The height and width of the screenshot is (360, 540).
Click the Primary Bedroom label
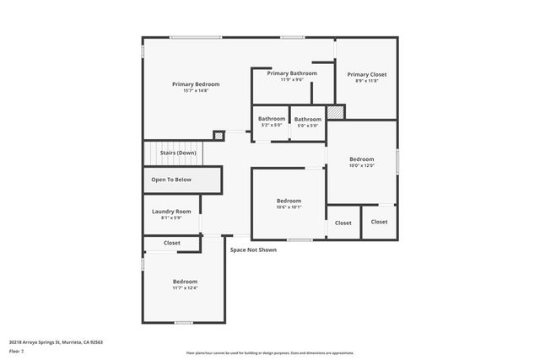[x=196, y=83]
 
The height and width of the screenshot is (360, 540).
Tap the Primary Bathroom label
[x=292, y=73]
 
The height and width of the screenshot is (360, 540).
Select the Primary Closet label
[x=366, y=73]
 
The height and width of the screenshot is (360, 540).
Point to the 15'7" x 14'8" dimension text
[x=196, y=90]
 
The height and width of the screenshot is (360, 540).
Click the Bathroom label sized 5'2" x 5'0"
[x=272, y=119]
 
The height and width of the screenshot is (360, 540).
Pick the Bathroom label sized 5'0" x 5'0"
[x=307, y=119]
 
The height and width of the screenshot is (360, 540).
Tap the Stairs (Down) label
[x=178, y=153]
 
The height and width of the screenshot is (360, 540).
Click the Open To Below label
[x=171, y=180]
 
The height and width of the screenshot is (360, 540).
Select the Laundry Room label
[x=171, y=211]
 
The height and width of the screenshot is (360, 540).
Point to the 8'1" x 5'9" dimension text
[x=171, y=218]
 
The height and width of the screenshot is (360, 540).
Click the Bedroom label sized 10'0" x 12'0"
[x=362, y=159]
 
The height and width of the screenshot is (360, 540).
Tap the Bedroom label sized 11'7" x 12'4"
[x=185, y=281]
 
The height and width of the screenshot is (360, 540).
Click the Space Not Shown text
[x=253, y=250]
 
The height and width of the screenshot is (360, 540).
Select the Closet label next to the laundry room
[x=172, y=243]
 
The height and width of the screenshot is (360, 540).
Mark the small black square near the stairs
[x=219, y=135]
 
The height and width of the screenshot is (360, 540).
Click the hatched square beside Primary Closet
[x=336, y=111]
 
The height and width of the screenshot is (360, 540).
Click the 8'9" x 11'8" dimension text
[x=366, y=80]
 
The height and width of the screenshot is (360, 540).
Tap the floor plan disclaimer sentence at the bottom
[x=270, y=353]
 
